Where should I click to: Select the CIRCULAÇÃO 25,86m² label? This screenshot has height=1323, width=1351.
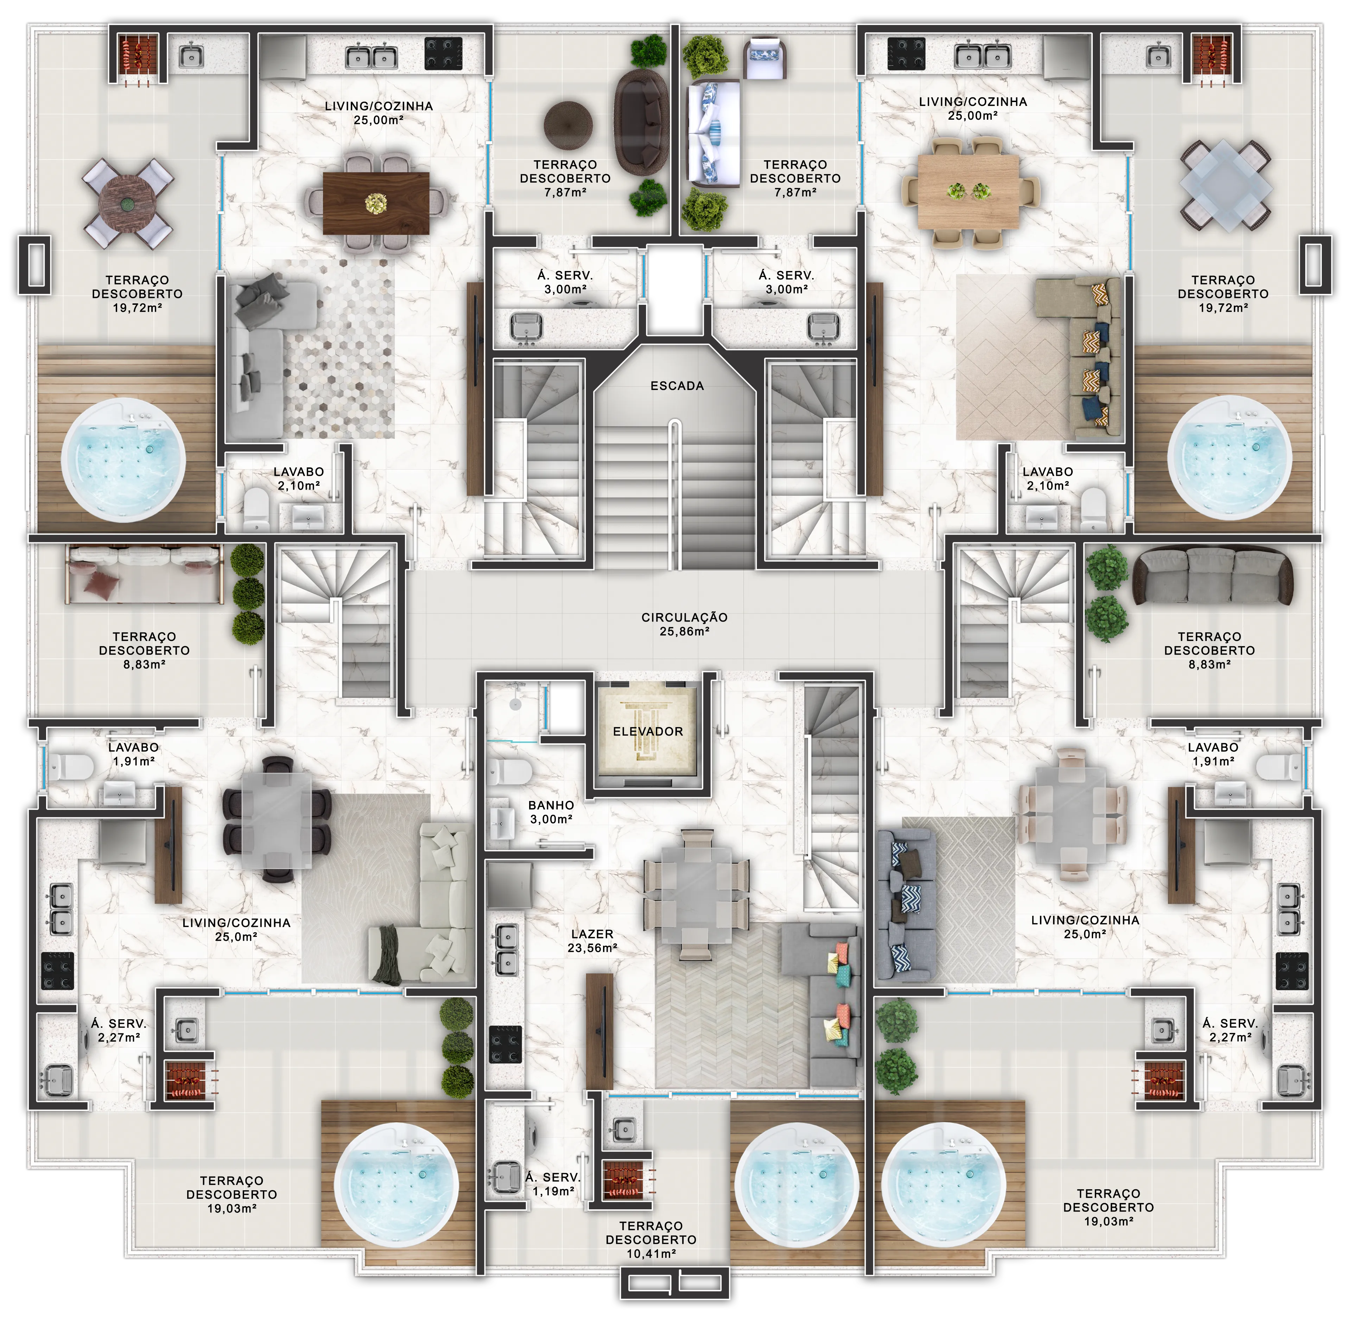(x=684, y=624)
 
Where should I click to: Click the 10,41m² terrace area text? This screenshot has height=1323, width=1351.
(x=651, y=1254)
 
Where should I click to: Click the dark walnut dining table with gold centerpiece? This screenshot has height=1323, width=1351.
(x=376, y=203)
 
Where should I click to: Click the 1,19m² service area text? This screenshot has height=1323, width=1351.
(x=553, y=1190)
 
